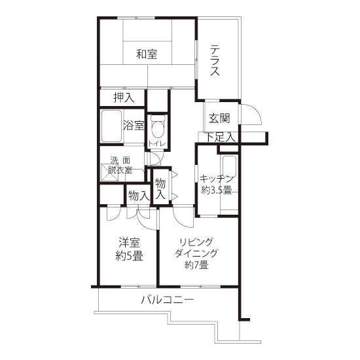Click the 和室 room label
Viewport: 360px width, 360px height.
click(x=147, y=54)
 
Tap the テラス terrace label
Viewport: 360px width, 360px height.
click(x=215, y=61)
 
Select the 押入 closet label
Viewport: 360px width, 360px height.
click(x=124, y=98)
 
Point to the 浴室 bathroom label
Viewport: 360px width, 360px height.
click(x=134, y=126)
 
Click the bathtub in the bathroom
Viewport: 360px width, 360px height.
click(x=111, y=126)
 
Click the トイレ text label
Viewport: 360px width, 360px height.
click(x=156, y=144)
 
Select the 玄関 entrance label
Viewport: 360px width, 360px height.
click(x=219, y=118)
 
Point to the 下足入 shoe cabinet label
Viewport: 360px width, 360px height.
click(x=221, y=137)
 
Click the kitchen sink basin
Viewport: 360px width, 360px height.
click(x=229, y=166)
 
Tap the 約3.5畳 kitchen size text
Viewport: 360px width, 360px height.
click(x=217, y=190)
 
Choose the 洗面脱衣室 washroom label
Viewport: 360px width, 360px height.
click(x=120, y=165)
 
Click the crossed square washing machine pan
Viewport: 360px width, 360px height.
click(x=110, y=172)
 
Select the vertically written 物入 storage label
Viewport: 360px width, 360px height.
click(x=160, y=189)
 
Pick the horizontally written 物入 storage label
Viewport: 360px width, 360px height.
click(x=139, y=196)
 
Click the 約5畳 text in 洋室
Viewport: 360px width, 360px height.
click(x=129, y=256)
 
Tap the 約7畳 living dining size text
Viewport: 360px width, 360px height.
click(x=196, y=265)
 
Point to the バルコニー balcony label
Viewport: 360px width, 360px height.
click(x=168, y=300)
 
